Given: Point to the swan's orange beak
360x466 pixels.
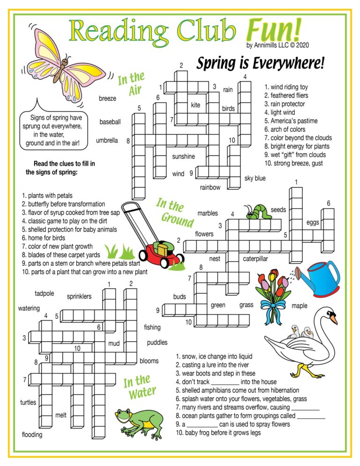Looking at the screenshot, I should [x=333, y=319].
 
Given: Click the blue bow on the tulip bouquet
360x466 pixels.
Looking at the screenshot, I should [x=273, y=305].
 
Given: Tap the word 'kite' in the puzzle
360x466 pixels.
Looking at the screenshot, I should [x=195, y=105].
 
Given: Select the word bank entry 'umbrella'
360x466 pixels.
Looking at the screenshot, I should [x=107, y=140].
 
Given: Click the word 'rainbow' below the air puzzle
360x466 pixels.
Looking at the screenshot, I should [x=210, y=188].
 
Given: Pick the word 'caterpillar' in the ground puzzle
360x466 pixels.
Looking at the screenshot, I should [x=255, y=258].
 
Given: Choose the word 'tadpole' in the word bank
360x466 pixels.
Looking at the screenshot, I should [x=45, y=293].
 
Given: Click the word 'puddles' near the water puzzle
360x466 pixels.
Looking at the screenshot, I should [x=157, y=342].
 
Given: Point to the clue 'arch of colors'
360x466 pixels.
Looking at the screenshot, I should [x=285, y=129].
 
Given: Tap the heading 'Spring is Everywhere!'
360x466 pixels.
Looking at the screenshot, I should [x=260, y=63].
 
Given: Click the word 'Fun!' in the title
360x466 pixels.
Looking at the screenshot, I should [x=274, y=32].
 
